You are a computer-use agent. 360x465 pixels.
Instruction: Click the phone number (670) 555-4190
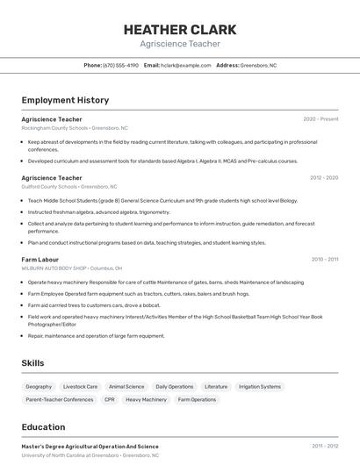(120, 65)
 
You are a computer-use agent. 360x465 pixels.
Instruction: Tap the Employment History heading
(65, 100)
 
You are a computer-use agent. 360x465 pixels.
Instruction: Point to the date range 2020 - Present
(320, 119)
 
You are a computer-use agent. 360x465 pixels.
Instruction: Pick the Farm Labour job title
(40, 260)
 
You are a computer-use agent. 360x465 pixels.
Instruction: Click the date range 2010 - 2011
(325, 260)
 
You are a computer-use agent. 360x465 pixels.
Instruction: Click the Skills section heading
(33, 362)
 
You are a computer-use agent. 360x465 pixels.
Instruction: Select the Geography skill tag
(39, 386)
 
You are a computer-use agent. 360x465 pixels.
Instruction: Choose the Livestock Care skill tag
(80, 386)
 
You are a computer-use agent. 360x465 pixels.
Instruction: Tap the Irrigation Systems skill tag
(260, 386)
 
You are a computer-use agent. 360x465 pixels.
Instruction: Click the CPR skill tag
(110, 399)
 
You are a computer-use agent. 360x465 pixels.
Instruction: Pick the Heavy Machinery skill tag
(146, 399)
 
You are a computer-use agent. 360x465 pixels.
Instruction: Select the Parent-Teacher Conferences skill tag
(60, 399)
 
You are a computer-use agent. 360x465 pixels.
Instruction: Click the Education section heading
(43, 427)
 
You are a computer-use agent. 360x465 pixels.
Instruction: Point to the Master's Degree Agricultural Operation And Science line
(90, 447)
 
